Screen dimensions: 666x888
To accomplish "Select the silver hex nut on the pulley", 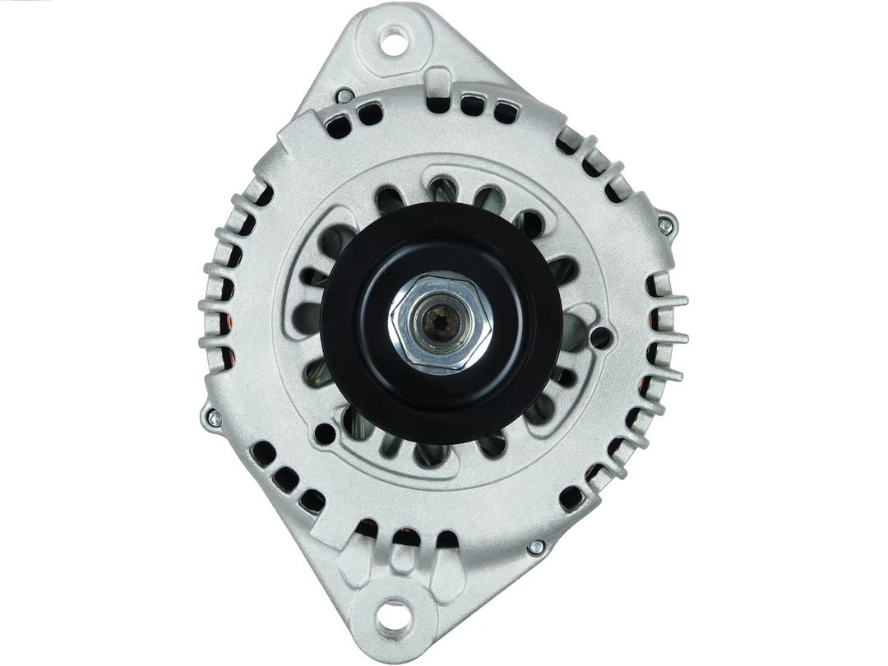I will click(442, 322).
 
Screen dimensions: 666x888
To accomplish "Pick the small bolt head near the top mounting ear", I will click(345, 95).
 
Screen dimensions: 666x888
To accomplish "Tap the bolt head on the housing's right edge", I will click(666, 222).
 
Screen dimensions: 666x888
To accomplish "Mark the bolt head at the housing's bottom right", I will click(535, 546).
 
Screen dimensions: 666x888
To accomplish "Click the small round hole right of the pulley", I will click(601, 336).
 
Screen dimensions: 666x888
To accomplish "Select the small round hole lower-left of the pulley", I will click(325, 433).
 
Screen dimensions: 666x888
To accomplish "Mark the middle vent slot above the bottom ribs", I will click(402, 537).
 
